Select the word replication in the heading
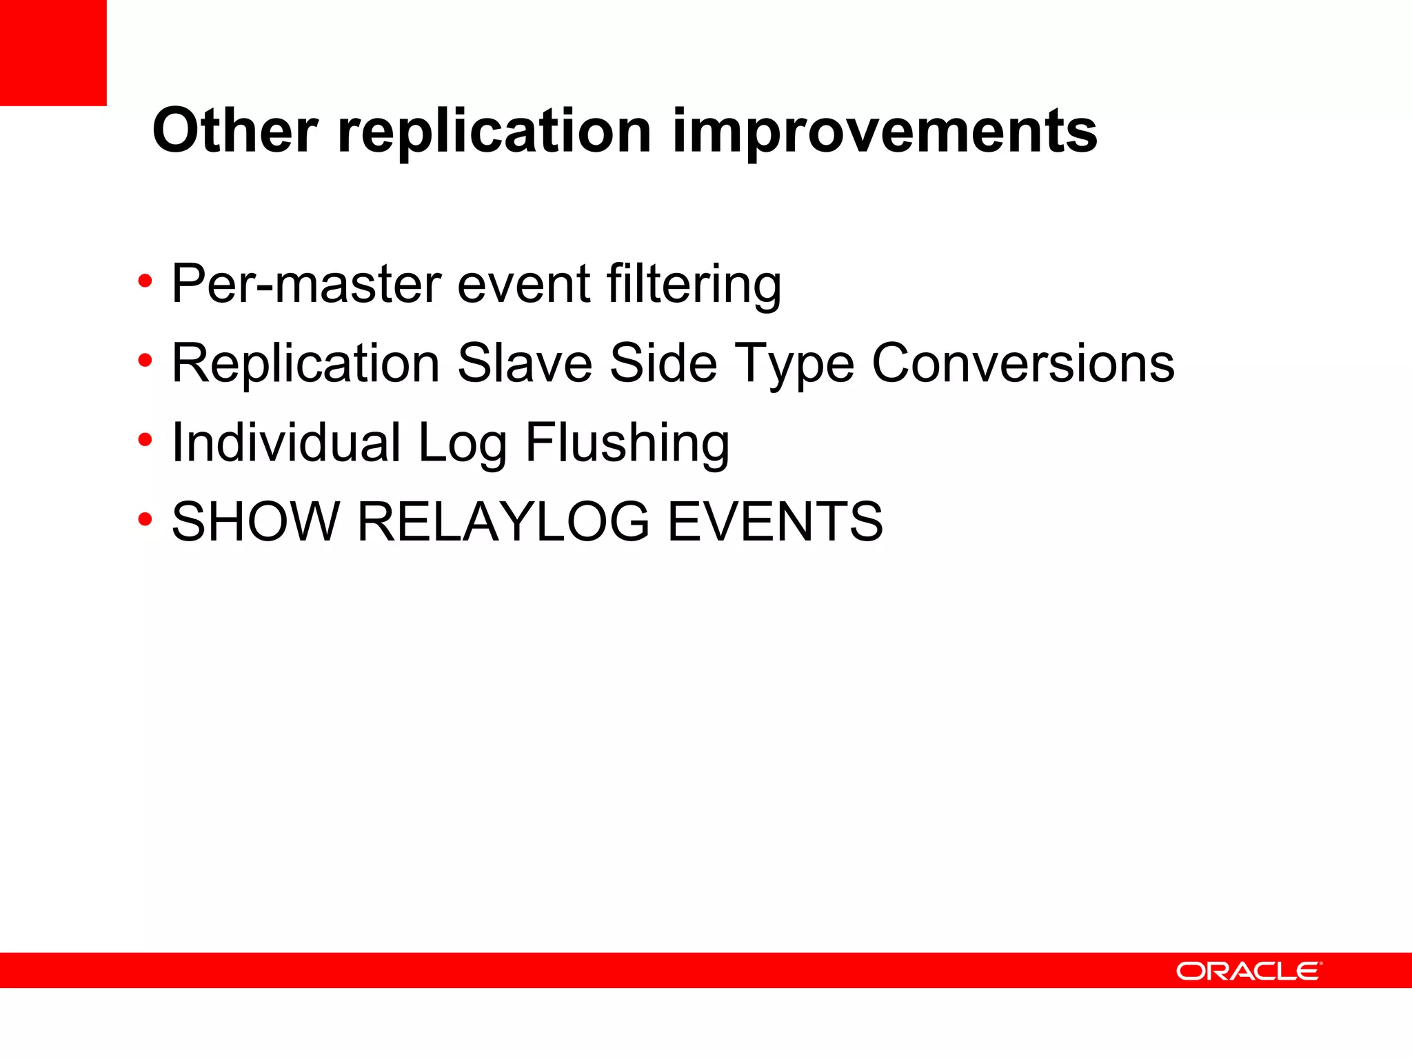pos(494,132)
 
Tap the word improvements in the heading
pos(885,132)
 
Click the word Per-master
pos(306,284)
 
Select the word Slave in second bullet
pos(525,363)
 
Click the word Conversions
pos(1023,363)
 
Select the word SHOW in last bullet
pos(256,522)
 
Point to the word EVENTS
pos(775,522)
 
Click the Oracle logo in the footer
pos(1249,971)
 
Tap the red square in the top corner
pos(53,52)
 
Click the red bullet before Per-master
pos(145,281)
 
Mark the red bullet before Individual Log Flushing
pos(145,440)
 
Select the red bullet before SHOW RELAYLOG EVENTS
pos(145,519)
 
